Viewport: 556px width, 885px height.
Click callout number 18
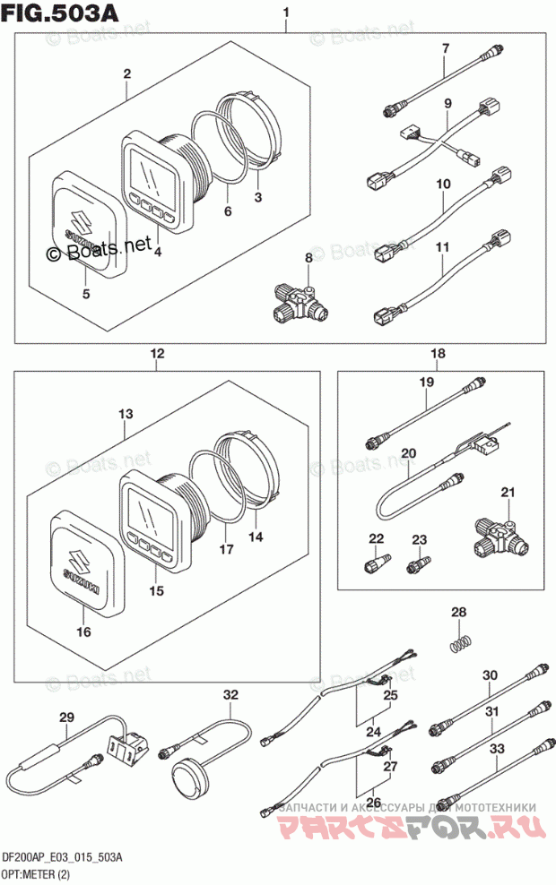pos(437,355)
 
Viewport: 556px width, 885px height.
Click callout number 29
pos(65,717)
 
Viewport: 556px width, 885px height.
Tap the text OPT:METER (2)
pos(37,874)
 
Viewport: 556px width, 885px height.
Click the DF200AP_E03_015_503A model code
pos(62,858)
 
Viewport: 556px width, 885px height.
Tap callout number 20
pos(409,453)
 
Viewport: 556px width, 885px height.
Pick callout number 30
pos(490,676)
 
